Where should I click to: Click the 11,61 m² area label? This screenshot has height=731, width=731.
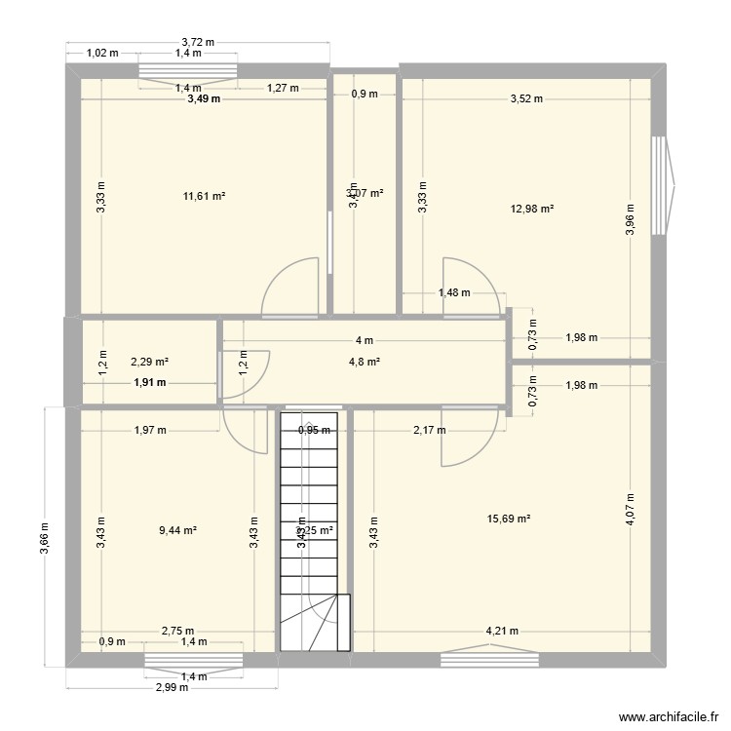coord(204,196)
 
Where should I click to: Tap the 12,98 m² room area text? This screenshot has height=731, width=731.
coord(532,208)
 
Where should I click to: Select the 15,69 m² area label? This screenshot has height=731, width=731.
coord(509,519)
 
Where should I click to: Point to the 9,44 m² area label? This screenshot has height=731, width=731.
coord(177,530)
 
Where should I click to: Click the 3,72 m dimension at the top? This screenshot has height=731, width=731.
coord(198,42)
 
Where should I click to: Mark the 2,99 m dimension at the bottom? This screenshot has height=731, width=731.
coord(172,687)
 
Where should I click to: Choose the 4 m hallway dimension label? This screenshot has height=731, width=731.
coord(364,340)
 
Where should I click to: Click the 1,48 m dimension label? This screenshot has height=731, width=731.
coord(454,292)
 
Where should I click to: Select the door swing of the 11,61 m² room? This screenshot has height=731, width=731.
coord(292,285)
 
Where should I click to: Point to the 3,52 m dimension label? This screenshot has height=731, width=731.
coord(525,98)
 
